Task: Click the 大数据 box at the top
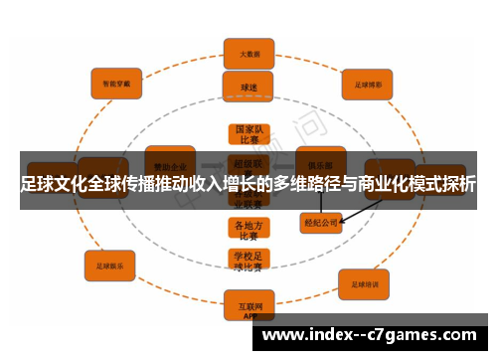[248, 53]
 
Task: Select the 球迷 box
[248, 87]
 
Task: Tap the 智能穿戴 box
[116, 84]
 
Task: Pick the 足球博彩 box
[368, 86]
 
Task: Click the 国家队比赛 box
[248, 135]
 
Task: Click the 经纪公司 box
[320, 224]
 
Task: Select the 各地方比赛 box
[248, 230]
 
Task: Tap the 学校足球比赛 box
[248, 262]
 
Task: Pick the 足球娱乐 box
[109, 265]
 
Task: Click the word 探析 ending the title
[458, 184]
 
